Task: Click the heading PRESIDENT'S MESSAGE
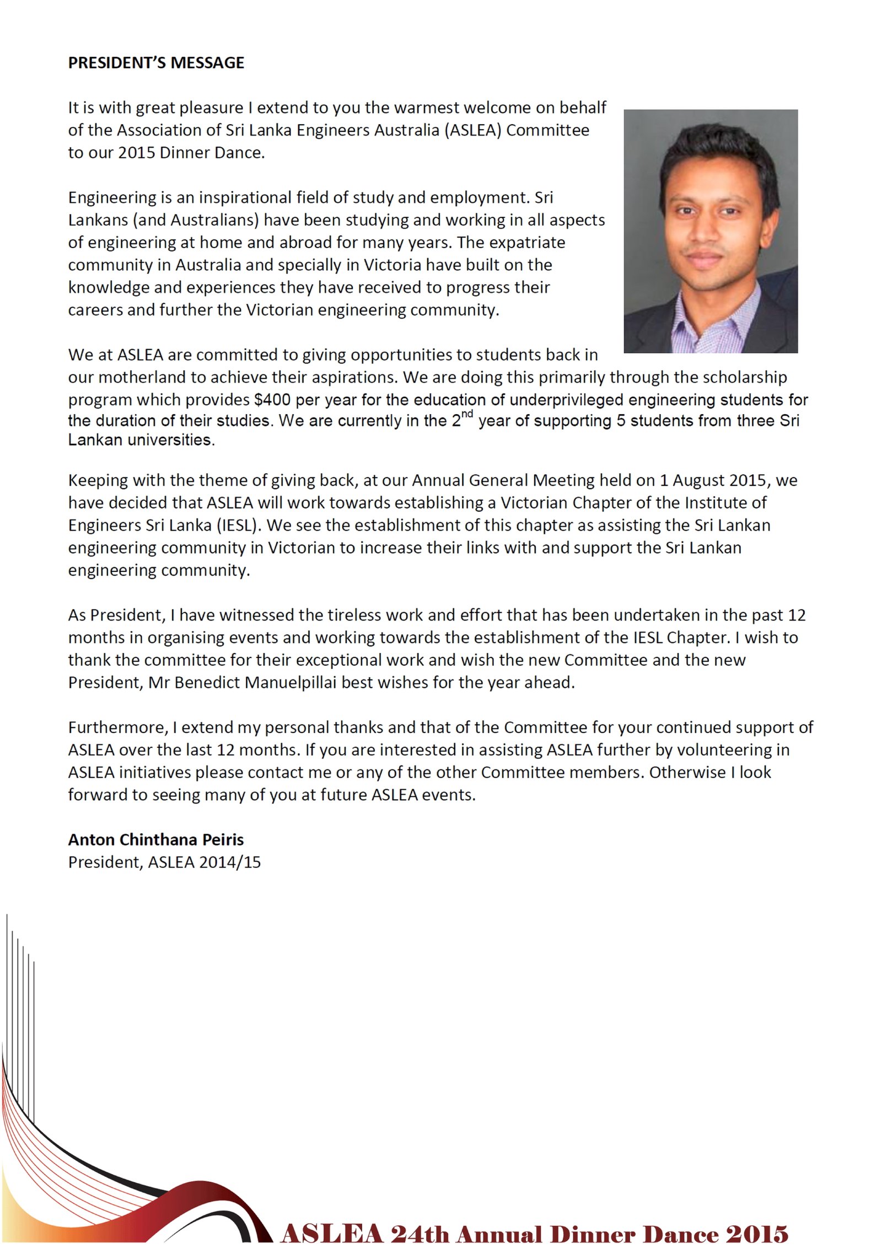[x=156, y=63]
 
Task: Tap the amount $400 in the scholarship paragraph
[x=272, y=399]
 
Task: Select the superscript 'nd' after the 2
[x=466, y=414]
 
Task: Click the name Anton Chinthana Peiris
[x=156, y=839]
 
